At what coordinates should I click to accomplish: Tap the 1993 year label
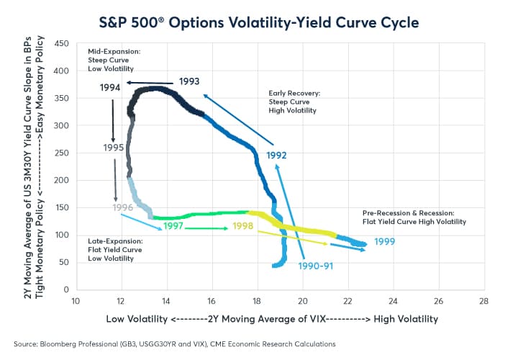[189, 81]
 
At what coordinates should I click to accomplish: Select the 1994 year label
[110, 88]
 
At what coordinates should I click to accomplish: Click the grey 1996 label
[123, 208]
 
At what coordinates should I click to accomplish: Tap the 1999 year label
[384, 241]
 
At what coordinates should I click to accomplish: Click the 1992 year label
[278, 154]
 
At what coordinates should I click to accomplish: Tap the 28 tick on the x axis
[483, 301]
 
